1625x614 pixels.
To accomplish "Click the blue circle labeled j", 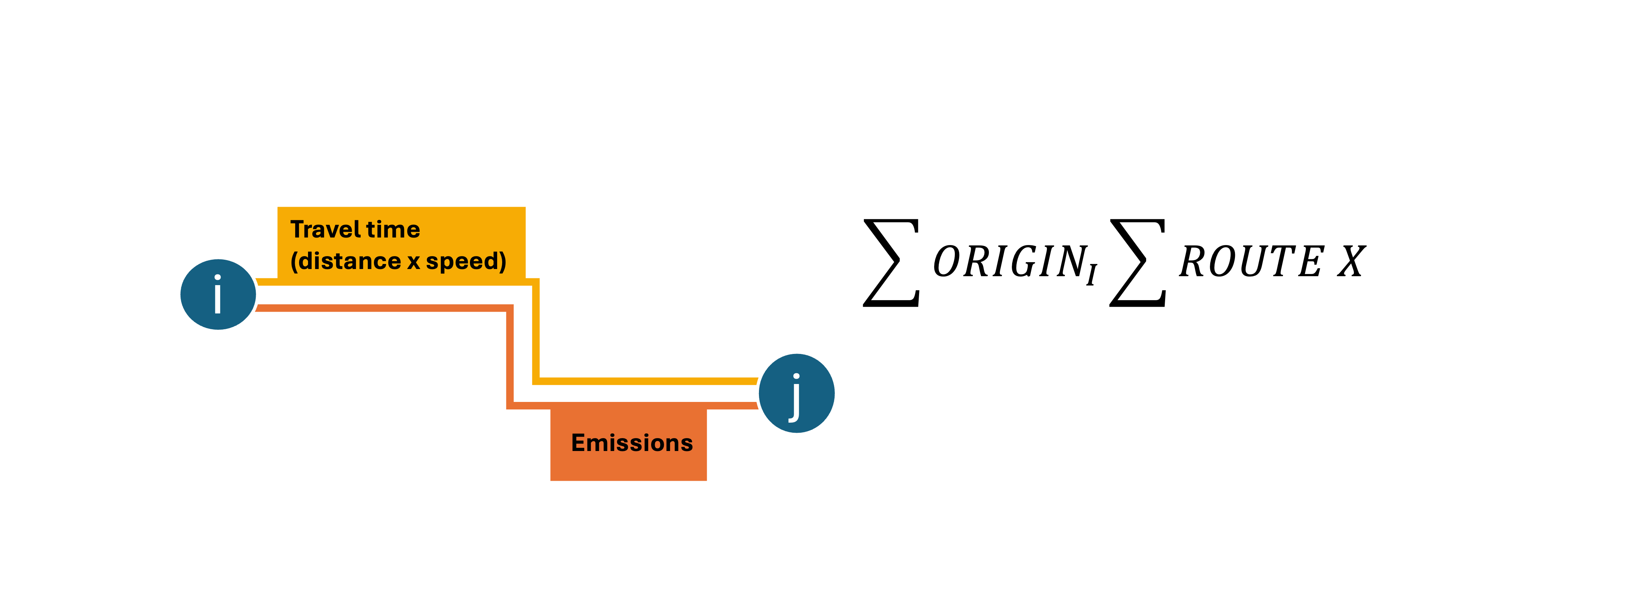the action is point(796,393).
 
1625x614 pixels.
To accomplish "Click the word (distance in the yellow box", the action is point(346,261).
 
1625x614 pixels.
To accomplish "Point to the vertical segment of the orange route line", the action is point(510,356).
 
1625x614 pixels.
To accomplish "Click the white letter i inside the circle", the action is point(218,294).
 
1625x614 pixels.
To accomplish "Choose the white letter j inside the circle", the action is point(795,398).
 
